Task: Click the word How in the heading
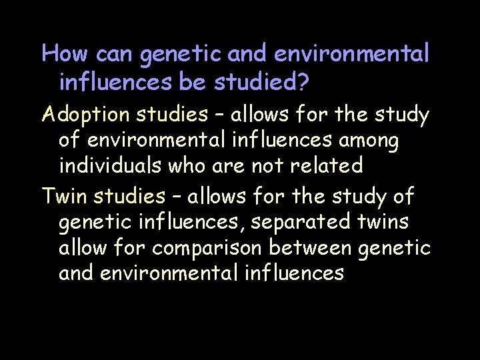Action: point(60,53)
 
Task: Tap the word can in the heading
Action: point(110,55)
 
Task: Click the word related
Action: point(329,165)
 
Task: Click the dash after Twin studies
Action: point(176,197)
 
